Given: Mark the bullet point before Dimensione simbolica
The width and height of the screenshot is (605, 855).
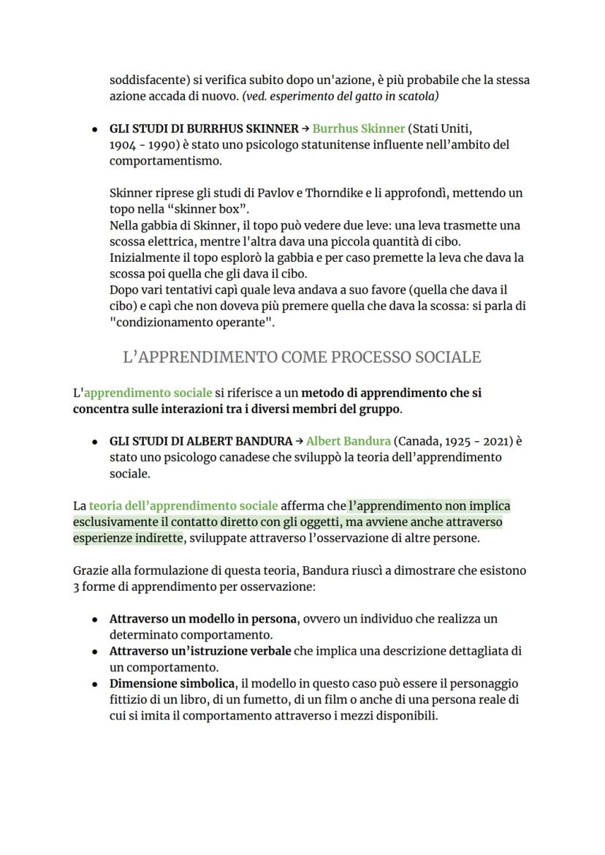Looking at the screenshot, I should click(95, 684).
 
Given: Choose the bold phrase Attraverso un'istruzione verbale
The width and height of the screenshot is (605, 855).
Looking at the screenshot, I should click(200, 651).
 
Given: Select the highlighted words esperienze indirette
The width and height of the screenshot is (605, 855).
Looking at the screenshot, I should click(128, 538).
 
